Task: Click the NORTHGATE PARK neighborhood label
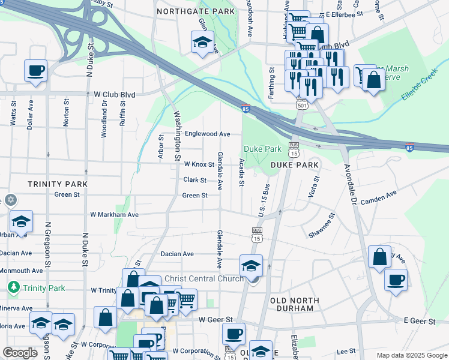(x=195, y=11)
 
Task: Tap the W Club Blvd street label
(x=115, y=95)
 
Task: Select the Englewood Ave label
(x=207, y=134)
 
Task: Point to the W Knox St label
(x=199, y=164)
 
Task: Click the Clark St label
(x=194, y=180)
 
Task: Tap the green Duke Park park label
(x=262, y=149)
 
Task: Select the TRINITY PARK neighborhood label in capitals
(x=58, y=184)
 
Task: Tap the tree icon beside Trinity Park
(x=14, y=288)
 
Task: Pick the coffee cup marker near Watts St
(x=35, y=70)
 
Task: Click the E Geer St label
(x=420, y=322)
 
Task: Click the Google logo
(x=20, y=352)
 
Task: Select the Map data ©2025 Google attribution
(x=411, y=355)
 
